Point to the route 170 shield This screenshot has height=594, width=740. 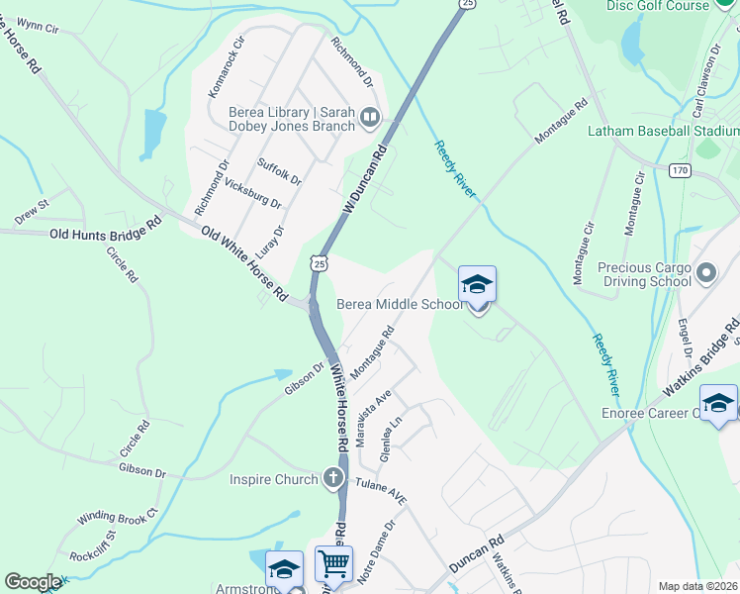(679, 171)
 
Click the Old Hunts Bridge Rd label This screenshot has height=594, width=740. (105, 232)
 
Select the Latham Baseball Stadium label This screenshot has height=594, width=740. (663, 131)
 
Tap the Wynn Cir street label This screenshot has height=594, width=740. (39, 27)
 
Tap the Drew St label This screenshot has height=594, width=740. (32, 211)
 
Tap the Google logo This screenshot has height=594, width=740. (33, 582)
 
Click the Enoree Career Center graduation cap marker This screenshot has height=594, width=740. (718, 404)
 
